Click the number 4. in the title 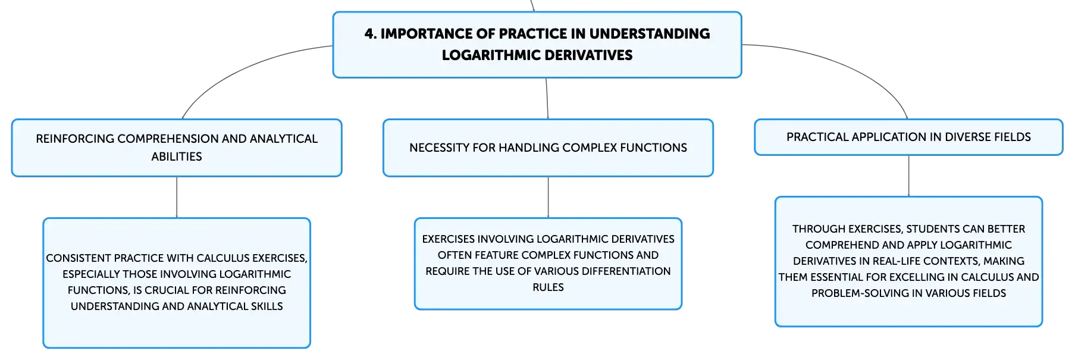(371, 34)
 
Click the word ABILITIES (177, 156)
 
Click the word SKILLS (267, 306)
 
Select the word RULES (548, 287)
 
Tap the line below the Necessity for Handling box (548, 197)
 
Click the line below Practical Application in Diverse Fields (908, 176)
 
